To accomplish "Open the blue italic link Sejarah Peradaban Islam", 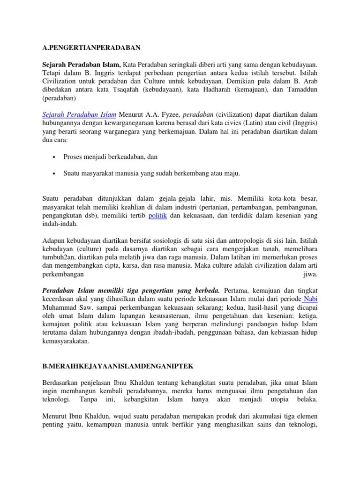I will [x=79, y=115].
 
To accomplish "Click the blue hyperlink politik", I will [x=157, y=215].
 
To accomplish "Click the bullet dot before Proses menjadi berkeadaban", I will [x=54, y=157].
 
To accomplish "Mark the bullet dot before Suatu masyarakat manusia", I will [x=54, y=173].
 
